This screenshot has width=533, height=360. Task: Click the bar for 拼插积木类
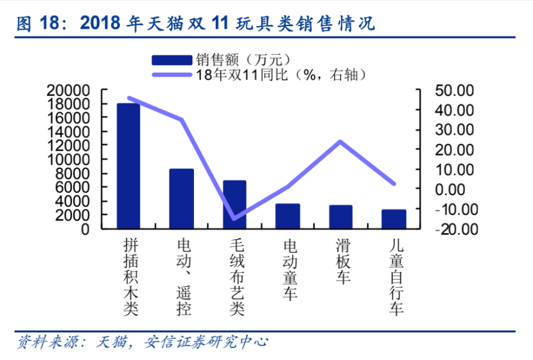(128, 166)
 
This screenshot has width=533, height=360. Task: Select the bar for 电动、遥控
(181, 199)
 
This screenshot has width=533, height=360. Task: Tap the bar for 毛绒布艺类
(235, 205)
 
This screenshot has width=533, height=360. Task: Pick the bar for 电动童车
(288, 217)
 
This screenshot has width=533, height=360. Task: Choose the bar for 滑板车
(341, 217)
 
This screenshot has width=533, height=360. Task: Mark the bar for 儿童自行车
(394, 219)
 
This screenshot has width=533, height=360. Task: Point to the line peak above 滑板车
(340, 141)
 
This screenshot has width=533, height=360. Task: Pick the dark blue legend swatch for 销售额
(172, 59)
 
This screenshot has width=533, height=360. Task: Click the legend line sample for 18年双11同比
(172, 74)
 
